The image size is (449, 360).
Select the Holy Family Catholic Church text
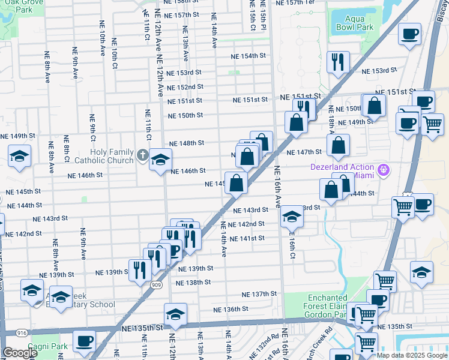coord(112,156)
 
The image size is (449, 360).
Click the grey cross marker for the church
coord(142,155)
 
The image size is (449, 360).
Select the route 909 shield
coord(157,284)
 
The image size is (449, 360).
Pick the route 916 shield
coord(22,332)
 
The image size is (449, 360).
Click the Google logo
coord(20,352)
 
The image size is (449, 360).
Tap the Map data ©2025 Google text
coord(411,355)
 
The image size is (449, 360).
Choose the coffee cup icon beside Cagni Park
coord(84,341)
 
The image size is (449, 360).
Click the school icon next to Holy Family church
coord(160,160)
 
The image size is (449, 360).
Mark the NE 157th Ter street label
coord(294,3)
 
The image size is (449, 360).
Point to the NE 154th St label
coord(250,56)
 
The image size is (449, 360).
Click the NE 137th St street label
coord(259,295)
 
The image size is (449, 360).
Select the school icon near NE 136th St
coord(175,314)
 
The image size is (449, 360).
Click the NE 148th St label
coord(187,143)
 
